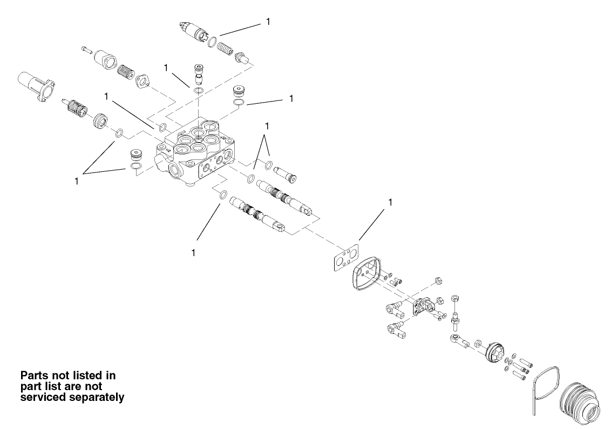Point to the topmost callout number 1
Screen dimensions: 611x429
268,22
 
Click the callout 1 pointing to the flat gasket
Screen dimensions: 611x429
390,203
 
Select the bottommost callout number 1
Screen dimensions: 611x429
193,253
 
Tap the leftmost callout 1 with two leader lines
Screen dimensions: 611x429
77,182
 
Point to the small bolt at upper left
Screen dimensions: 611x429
86,50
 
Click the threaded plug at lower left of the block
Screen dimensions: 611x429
136,155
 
